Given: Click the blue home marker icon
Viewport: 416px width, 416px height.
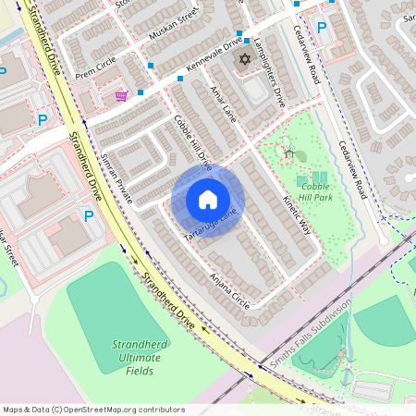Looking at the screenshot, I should pos(207,200).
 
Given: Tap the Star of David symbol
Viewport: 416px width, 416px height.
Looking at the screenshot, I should pos(245,59).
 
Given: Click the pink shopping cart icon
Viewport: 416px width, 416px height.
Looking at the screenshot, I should pos(120,95).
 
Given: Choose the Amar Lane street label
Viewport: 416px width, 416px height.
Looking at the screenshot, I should pos(226,104).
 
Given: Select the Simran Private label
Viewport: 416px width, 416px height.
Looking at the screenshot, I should pos(117,178).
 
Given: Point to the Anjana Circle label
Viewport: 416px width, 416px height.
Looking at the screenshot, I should pos(229,289).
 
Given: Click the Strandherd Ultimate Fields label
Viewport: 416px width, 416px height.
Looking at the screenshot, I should pos(139,357).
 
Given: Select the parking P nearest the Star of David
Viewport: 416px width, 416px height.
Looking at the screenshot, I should pos(322,28).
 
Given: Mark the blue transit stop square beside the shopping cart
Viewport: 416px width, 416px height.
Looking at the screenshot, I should pos(141,92).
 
